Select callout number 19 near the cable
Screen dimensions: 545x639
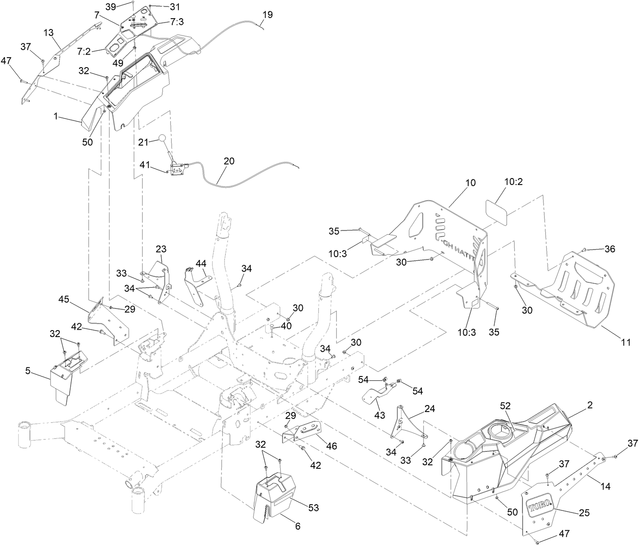click(267, 15)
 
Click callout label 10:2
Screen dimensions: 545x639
click(513, 182)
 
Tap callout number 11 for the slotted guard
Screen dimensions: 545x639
click(626, 342)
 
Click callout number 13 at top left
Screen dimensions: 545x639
click(49, 32)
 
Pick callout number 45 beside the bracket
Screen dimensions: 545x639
click(64, 299)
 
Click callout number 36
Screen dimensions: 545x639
click(610, 249)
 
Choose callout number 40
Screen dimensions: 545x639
click(286, 325)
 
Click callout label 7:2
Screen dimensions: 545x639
click(84, 52)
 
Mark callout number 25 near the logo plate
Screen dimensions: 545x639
click(584, 513)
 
